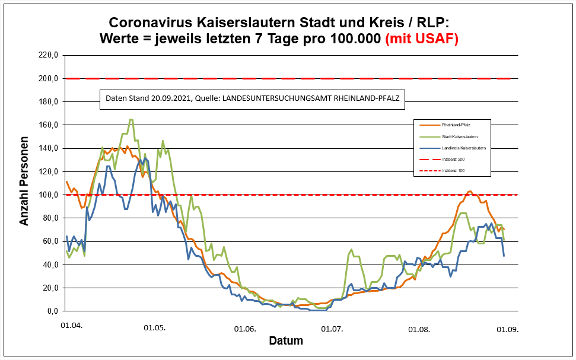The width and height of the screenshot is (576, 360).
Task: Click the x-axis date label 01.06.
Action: (244, 328)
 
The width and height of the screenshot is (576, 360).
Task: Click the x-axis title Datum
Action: (286, 341)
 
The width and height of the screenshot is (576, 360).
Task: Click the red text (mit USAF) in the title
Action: (422, 39)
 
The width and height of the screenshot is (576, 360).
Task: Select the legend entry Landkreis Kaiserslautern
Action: (464, 148)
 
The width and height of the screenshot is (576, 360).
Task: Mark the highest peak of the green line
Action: (131, 120)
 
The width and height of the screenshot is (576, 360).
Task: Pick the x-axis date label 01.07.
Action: (332, 328)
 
